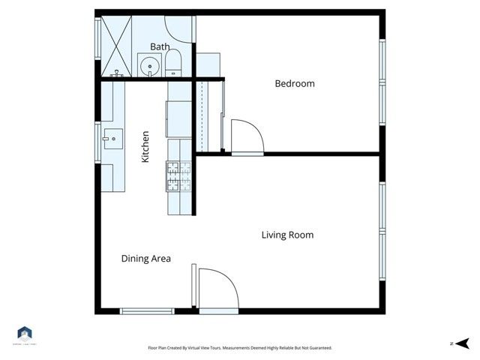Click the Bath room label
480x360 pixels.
click(160, 46)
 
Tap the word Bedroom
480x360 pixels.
click(295, 84)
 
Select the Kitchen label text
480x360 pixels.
click(145, 147)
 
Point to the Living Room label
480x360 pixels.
click(287, 235)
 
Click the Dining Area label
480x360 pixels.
click(146, 259)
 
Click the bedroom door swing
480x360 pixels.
click(246, 136)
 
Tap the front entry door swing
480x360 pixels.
click(217, 289)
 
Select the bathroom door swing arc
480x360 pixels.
click(178, 28)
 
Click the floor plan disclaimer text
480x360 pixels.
click(239, 348)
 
